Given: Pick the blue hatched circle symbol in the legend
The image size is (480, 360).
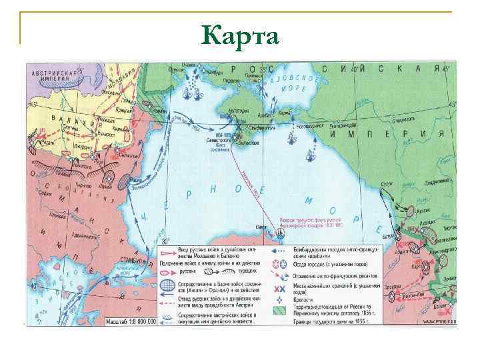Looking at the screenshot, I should pos(167,286).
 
